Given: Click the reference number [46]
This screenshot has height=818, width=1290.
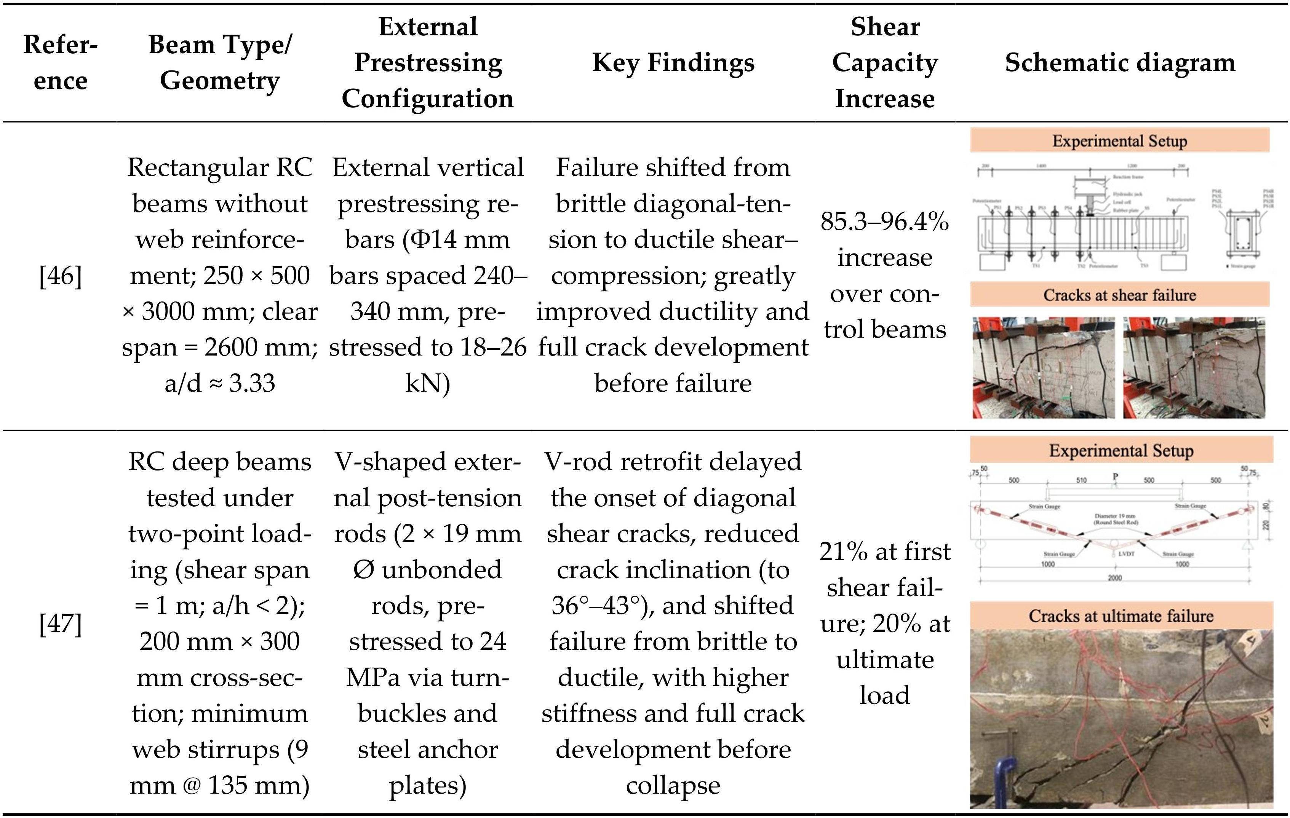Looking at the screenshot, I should (61, 276).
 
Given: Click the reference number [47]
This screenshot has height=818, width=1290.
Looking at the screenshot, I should (61, 623).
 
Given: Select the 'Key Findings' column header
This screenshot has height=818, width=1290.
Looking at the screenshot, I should (673, 63).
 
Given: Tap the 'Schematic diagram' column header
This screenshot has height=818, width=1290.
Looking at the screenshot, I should (1120, 63).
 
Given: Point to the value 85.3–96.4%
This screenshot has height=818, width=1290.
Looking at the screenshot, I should (884, 222).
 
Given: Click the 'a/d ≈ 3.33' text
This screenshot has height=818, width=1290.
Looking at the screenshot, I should (220, 383).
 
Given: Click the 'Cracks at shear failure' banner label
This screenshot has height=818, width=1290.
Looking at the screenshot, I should (1120, 295).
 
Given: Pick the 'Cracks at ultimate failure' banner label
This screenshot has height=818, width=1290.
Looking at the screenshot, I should (1121, 615).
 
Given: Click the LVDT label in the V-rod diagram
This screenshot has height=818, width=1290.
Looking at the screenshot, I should (1126, 553).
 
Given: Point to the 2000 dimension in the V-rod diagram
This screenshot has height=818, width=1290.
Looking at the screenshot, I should (1114, 578).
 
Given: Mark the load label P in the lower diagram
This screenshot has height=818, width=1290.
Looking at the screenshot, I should (1115, 476).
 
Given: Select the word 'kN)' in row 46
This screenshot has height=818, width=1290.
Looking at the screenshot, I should (427, 383).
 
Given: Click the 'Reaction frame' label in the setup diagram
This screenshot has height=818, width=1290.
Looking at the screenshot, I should (1128, 176).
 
